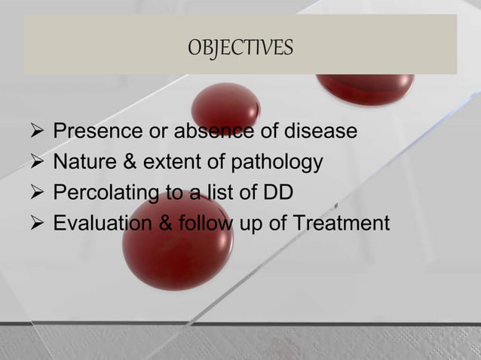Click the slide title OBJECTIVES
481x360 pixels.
[240, 48]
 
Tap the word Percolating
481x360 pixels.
[104, 194]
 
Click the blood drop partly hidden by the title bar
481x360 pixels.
[365, 88]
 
